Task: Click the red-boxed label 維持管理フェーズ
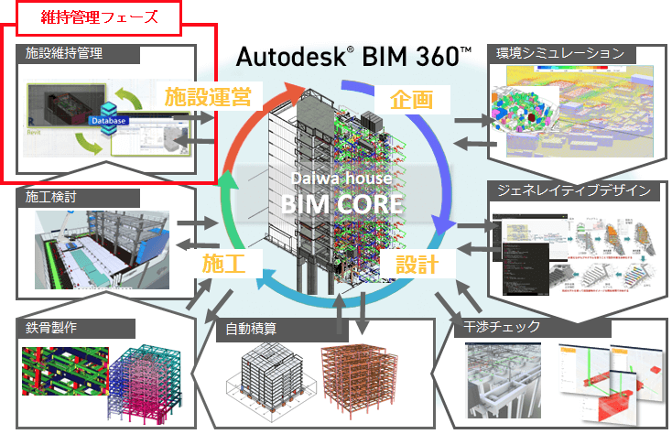click(x=88, y=16)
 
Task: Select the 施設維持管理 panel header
click(x=64, y=54)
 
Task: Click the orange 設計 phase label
click(x=417, y=265)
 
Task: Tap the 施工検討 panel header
click(x=45, y=196)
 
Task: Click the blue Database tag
click(x=108, y=120)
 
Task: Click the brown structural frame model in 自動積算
click(x=363, y=376)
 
